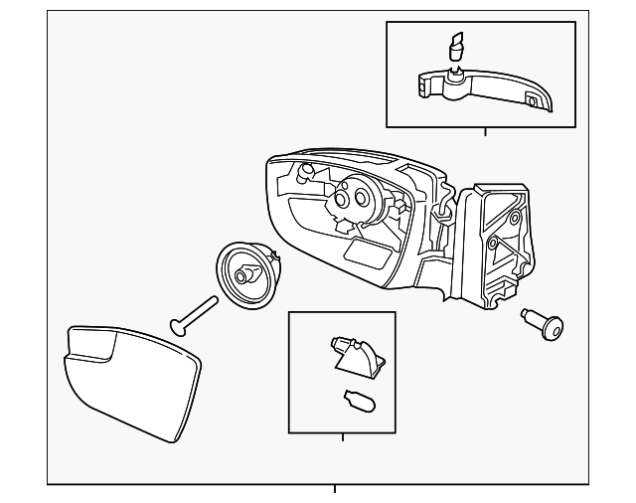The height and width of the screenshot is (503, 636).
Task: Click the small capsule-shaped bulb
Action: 355,401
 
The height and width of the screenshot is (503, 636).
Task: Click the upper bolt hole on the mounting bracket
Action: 513,219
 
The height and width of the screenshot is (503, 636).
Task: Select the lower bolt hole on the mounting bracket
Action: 492,244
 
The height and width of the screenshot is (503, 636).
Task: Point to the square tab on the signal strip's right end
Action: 533,100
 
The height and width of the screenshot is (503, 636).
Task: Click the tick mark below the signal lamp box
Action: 484,131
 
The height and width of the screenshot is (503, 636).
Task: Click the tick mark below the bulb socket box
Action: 342,437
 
